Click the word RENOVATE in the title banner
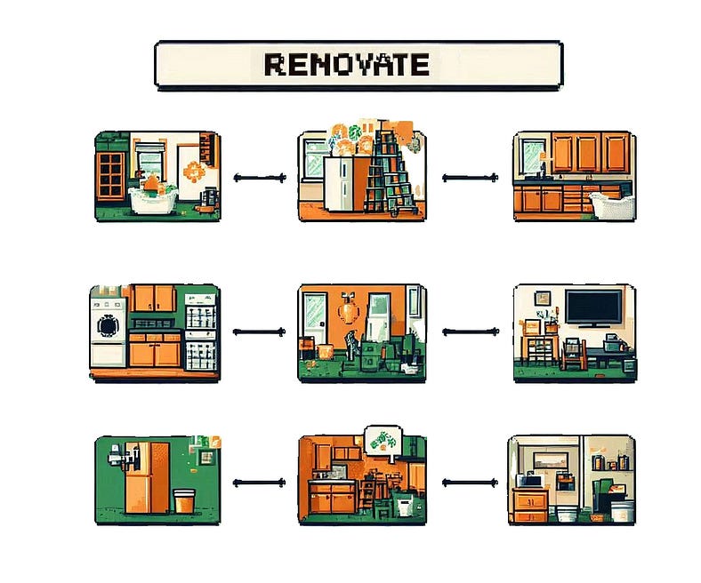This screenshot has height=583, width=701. (x=347, y=65)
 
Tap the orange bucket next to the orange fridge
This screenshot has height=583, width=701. (x=185, y=500)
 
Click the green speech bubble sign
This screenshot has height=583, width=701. (x=383, y=442)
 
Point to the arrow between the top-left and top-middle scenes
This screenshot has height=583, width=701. (x=260, y=178)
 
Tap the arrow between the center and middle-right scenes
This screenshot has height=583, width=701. (x=469, y=331)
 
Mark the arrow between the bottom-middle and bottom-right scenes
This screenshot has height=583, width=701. (x=469, y=483)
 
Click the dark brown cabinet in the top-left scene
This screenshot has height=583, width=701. (x=111, y=173)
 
